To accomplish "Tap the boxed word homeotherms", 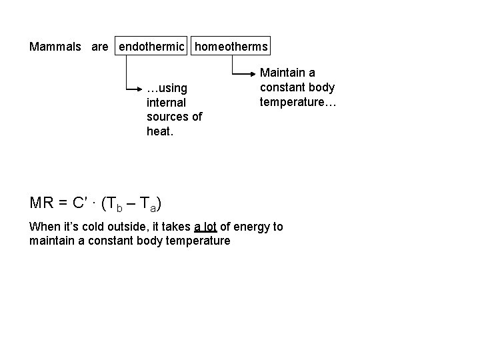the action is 231,47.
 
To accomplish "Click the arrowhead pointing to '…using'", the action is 141,87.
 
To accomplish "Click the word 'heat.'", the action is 159,131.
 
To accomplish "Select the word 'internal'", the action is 166,102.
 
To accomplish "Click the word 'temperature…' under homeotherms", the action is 299,102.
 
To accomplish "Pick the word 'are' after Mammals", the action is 100,47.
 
